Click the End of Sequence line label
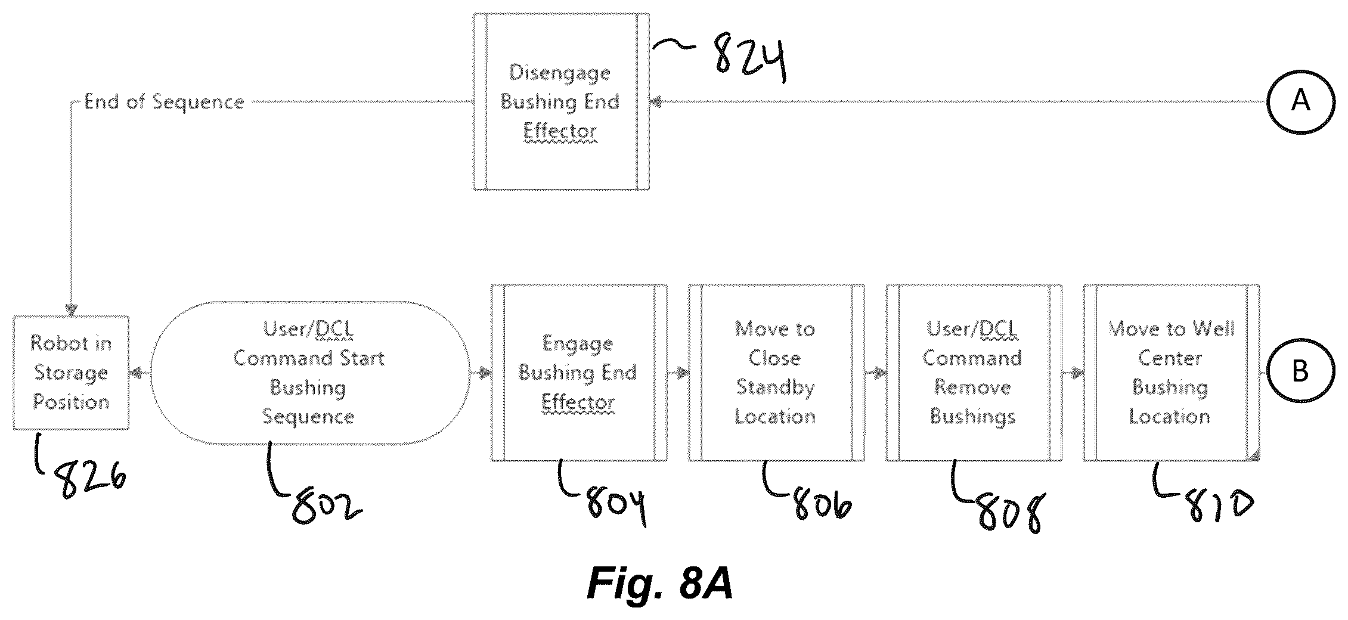(x=164, y=102)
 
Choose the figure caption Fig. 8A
(x=660, y=582)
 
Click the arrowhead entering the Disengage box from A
(x=656, y=102)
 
